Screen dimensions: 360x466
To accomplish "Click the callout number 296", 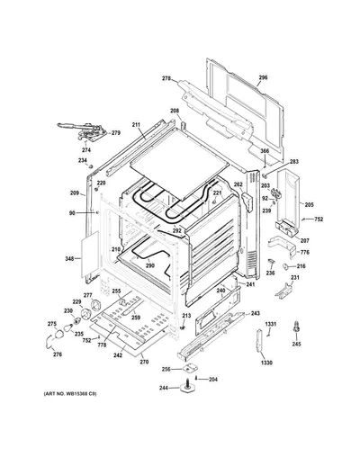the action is click(263, 77).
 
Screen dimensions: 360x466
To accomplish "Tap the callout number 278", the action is click(166, 78).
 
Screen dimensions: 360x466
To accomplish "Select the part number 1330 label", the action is click(266, 363).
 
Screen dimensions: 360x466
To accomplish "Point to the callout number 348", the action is click(69, 258).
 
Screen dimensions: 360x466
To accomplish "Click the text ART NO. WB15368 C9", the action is click(70, 394).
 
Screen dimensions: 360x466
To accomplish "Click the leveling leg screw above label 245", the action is click(296, 327).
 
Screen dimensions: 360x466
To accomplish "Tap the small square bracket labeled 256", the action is click(188, 367).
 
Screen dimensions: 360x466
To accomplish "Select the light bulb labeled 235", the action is click(68, 327).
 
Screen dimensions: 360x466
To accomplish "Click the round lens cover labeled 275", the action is click(58, 334).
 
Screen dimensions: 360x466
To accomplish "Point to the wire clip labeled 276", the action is click(48, 342).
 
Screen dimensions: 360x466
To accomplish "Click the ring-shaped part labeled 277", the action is click(96, 305).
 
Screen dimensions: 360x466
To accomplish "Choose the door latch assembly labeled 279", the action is click(83, 130).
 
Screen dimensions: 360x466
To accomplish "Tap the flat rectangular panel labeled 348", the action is click(90, 255).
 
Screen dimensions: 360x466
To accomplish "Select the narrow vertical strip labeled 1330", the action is click(259, 340).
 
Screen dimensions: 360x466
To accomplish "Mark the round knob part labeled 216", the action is click(285, 266).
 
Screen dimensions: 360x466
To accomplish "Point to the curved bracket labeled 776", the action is click(282, 246).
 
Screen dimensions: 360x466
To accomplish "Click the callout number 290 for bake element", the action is click(150, 265).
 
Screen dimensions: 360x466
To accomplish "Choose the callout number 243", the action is click(256, 314).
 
